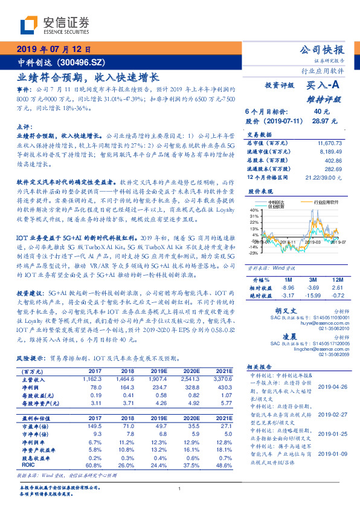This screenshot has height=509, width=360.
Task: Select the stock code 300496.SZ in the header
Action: [83, 63]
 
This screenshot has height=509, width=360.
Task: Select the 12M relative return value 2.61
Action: [336, 288]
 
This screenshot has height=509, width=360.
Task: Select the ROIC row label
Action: [27, 448]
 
